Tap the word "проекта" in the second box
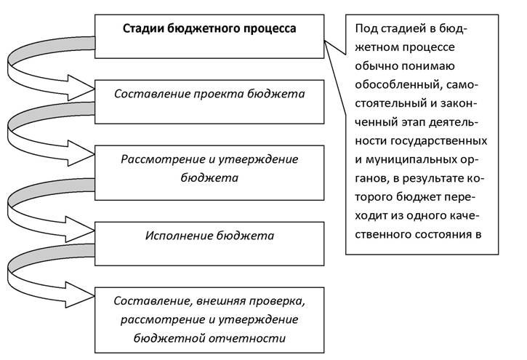click(x=219, y=94)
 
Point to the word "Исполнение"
click(x=179, y=236)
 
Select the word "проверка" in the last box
click(x=277, y=301)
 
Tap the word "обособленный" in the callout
click(x=398, y=84)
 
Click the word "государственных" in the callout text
click(x=438, y=140)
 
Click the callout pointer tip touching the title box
click(x=324, y=41)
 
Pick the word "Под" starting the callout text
click(x=364, y=29)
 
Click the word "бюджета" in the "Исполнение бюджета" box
click(x=245, y=236)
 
